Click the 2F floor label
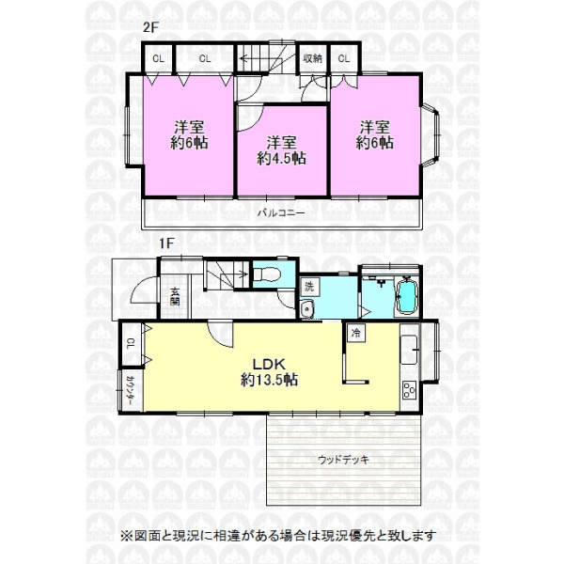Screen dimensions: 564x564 tap(150, 27)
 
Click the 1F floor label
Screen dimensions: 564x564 tap(166, 243)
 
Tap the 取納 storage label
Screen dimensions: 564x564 tap(312, 58)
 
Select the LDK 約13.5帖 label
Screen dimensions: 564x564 tap(269, 372)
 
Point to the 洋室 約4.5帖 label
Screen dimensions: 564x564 tap(281, 150)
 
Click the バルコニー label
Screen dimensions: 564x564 tap(281, 213)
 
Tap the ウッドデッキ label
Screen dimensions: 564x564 tap(343, 460)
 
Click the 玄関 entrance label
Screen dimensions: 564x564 tap(175, 296)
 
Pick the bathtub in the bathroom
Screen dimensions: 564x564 tap(408, 297)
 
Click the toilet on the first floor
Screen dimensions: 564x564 tap(267, 275)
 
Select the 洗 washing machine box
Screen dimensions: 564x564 tap(309, 287)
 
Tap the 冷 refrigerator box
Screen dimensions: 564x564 tap(355, 333)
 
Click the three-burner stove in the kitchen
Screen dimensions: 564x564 tap(409, 390)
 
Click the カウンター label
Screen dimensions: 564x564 tap(131, 391)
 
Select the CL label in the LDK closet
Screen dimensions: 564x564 tap(131, 344)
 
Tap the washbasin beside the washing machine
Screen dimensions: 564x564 tap(307, 309)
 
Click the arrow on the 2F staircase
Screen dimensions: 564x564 tap(247, 57)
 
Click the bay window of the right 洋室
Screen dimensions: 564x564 tap(431, 135)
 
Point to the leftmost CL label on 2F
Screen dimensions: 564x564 tap(158, 58)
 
